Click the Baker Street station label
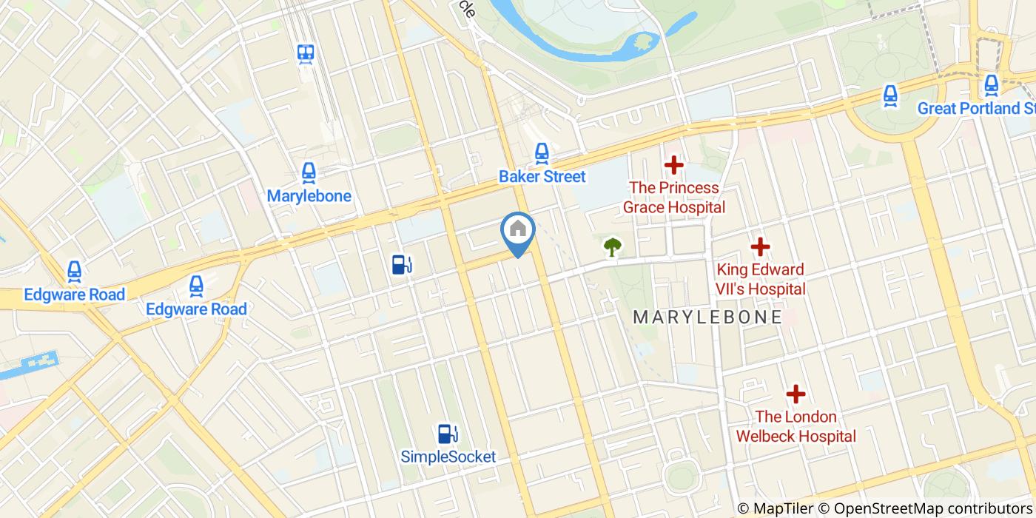point(542,176)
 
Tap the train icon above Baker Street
point(542,153)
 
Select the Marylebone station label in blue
point(309,196)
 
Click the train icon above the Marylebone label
point(309,173)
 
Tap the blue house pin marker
point(518,232)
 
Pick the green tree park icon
point(612,246)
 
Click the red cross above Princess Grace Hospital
point(673,165)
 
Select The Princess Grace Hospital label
point(673,197)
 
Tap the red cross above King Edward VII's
point(761,246)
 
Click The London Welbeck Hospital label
point(795,426)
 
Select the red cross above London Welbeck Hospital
point(795,394)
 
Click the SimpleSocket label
point(448,457)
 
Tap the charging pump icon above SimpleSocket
point(447,433)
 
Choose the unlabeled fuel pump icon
point(401,264)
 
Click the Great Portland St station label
point(975,109)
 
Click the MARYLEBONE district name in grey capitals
point(707,317)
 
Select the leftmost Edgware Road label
point(74,295)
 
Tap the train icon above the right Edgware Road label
point(196,285)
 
